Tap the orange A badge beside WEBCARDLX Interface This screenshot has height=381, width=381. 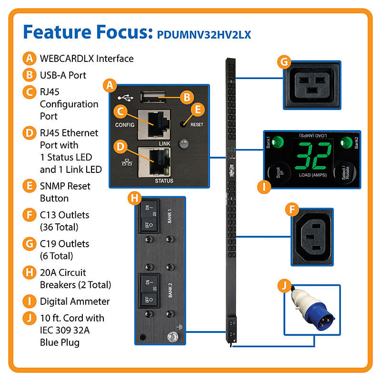pyautogui.click(x=30, y=59)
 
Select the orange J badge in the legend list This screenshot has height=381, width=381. pyautogui.click(x=30, y=318)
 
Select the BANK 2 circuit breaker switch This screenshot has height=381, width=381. pyautogui.click(x=147, y=290)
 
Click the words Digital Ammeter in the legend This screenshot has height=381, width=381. pyautogui.click(x=74, y=301)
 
